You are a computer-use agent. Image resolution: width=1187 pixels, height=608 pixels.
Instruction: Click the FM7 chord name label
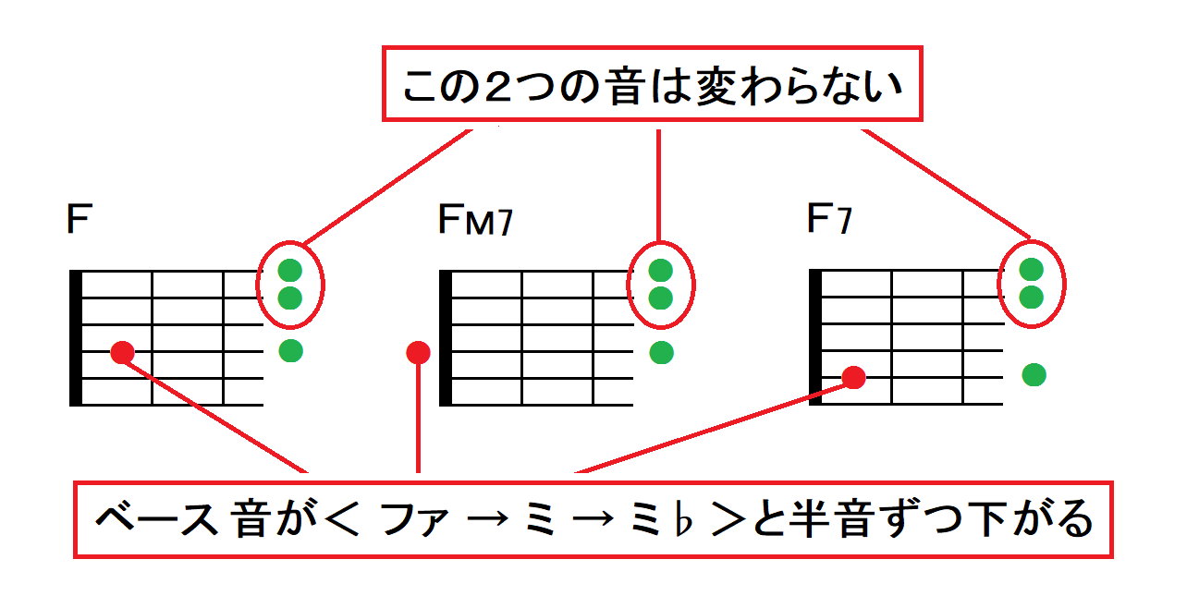tap(474, 221)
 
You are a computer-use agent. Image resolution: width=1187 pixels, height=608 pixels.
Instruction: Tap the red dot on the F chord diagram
tap(121, 352)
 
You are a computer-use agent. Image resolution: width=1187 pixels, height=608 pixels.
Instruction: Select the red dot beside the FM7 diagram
tap(418, 352)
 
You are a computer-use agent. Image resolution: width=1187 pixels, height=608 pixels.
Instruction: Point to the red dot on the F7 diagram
tap(853, 377)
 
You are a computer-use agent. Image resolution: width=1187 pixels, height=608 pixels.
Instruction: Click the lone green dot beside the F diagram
tap(291, 351)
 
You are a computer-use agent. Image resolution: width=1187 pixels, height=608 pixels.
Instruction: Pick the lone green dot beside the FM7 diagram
tap(661, 352)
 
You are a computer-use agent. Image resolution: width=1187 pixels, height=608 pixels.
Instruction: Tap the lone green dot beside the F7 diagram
tap(1034, 374)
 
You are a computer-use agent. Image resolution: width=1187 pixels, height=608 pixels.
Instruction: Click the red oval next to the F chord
tap(291, 284)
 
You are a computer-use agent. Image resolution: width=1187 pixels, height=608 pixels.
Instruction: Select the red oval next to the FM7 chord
tap(661, 284)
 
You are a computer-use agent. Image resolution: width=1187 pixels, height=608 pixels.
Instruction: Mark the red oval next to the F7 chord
tap(1032, 283)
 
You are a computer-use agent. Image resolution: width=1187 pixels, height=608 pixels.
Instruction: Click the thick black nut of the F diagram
tap(76, 338)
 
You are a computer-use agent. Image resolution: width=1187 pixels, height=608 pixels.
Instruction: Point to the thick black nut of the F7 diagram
tap(814, 338)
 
